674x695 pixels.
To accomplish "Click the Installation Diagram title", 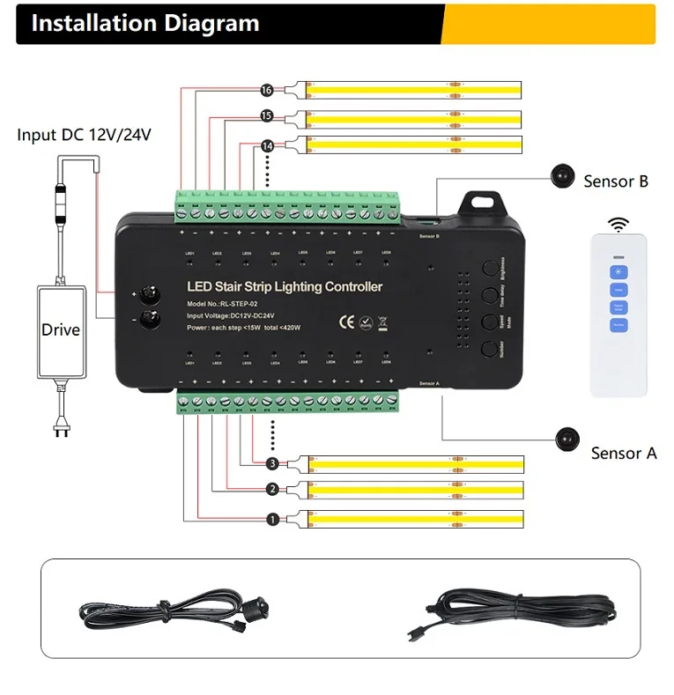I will (145, 24).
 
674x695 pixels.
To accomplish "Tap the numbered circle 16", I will (267, 90).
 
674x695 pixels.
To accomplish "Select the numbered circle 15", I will (267, 116).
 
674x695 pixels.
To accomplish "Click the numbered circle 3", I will (272, 463).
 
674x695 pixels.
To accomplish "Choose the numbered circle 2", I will (272, 490).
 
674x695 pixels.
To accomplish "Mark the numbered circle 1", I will (272, 519).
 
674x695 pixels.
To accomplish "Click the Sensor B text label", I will (616, 181).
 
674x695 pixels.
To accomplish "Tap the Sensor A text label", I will (624, 453).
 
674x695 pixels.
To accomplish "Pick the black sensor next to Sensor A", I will (568, 438).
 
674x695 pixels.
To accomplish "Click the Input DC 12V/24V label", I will (85, 135).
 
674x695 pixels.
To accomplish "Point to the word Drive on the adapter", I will (60, 329).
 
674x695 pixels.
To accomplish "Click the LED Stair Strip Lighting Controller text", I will (285, 287).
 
